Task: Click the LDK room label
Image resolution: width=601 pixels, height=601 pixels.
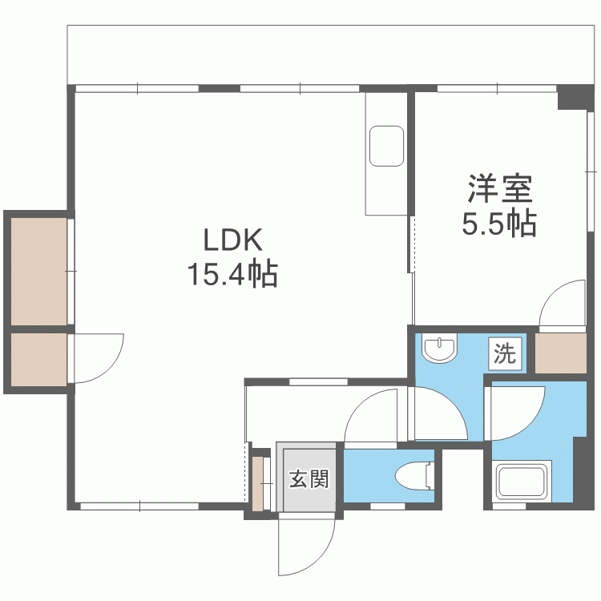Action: point(232,240)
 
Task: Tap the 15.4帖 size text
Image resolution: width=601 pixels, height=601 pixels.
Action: point(232,274)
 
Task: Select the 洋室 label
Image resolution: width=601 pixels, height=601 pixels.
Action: point(500,188)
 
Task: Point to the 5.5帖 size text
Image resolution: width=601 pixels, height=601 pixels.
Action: point(498,223)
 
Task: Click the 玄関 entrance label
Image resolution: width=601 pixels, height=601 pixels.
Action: point(309,478)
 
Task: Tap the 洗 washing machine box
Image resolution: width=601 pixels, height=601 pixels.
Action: point(505,353)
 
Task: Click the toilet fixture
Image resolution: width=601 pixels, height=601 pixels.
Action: point(415,476)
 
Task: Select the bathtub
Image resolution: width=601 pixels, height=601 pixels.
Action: point(523,482)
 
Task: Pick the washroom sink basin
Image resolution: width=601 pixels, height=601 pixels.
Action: point(439,347)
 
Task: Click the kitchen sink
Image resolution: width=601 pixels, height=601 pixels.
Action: point(386,146)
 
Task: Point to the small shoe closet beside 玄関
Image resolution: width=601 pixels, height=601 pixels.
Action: point(257,483)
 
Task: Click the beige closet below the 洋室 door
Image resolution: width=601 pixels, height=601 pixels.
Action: point(561,353)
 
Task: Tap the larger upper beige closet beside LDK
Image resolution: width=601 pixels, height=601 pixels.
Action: point(38,272)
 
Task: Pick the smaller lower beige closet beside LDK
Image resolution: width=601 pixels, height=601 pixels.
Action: point(38,360)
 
